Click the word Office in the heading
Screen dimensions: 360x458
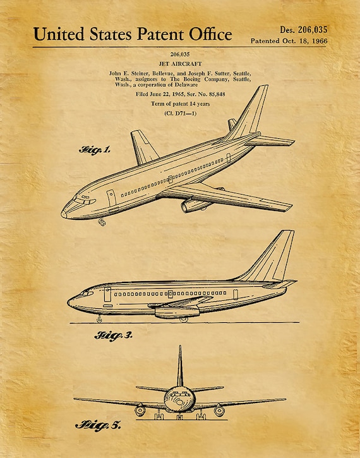pyautogui.click(x=210, y=34)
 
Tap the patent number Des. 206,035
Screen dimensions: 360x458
pyautogui.click(x=304, y=30)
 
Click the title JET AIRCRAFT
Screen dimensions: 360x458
pyautogui.click(x=180, y=64)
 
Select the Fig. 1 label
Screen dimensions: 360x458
pyautogui.click(x=95, y=150)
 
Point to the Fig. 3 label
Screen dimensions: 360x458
pyautogui.click(x=114, y=336)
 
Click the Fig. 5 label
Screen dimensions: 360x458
pyautogui.click(x=98, y=425)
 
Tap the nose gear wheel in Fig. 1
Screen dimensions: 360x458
pyautogui.click(x=102, y=222)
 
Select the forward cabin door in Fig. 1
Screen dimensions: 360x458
pyautogui.click(x=111, y=198)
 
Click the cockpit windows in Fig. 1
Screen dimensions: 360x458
pyautogui.click(x=85, y=200)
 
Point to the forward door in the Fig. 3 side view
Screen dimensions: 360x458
pyautogui.click(x=107, y=294)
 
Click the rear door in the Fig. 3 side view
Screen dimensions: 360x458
pyautogui.click(x=236, y=294)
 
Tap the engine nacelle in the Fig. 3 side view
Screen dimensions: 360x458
pyautogui.click(x=177, y=312)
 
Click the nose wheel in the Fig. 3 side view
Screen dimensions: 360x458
pyautogui.click(x=99, y=320)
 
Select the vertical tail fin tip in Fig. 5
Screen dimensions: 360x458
pyautogui.click(x=180, y=346)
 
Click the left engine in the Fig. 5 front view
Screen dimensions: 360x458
pyautogui.click(x=140, y=411)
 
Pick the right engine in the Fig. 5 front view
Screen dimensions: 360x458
pyautogui.click(x=219, y=411)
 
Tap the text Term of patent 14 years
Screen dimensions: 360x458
pyautogui.click(x=180, y=104)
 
